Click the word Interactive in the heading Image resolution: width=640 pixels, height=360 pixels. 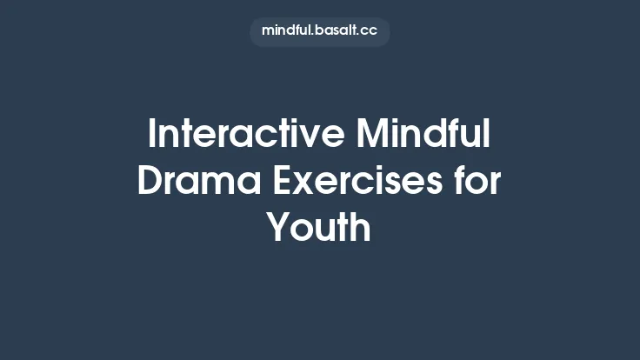247,136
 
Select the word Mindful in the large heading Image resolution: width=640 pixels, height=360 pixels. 424,136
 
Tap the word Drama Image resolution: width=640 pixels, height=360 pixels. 200,182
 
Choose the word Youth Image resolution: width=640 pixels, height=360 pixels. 319,228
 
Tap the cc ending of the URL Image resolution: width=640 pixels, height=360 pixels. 370,30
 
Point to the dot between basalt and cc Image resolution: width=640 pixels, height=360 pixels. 359,34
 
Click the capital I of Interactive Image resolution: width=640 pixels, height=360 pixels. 152,136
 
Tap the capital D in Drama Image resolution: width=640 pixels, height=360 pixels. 150,182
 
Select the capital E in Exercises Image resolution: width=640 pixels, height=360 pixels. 283,182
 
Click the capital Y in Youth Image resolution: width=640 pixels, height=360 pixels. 278,228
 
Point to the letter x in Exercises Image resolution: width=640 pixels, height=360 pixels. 307,185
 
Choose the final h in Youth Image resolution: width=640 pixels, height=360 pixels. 362,228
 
